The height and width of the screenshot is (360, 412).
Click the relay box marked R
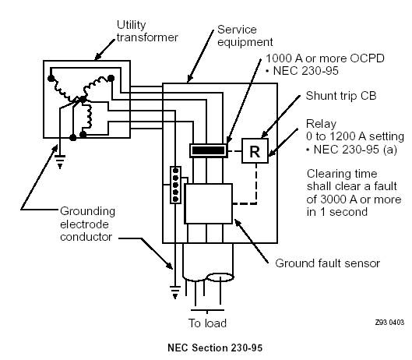coord(255,151)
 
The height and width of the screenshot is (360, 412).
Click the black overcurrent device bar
coord(209,150)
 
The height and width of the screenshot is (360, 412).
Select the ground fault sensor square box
coord(209,203)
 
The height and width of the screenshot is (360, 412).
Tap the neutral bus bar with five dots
coord(175,185)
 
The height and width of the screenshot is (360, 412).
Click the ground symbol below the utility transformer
coord(60,161)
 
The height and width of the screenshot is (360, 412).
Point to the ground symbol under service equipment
coord(175,292)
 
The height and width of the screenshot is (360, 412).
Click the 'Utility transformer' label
coord(147,31)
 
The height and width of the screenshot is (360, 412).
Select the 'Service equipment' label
coord(245,36)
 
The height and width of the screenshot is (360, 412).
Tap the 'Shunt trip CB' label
coord(341,96)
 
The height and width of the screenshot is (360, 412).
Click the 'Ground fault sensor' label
coord(327,263)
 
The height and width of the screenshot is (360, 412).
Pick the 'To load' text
coord(207,323)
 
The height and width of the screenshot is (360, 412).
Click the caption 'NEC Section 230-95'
coord(215,348)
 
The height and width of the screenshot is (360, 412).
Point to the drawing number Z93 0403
coord(389,322)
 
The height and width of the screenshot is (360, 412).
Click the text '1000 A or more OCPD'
coord(325,58)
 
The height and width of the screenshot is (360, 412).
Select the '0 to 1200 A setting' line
coord(355,136)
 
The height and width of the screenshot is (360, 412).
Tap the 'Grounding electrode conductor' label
coord(87,224)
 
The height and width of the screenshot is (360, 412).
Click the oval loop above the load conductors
coord(220,277)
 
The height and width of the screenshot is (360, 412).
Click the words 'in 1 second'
coord(337,212)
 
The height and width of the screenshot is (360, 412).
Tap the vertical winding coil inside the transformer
coord(89,117)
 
